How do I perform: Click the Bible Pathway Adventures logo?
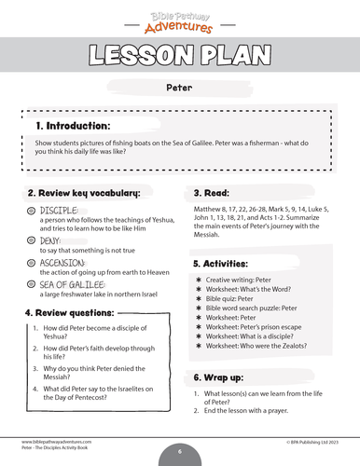coord(179,18)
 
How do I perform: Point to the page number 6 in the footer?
coord(180,451)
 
